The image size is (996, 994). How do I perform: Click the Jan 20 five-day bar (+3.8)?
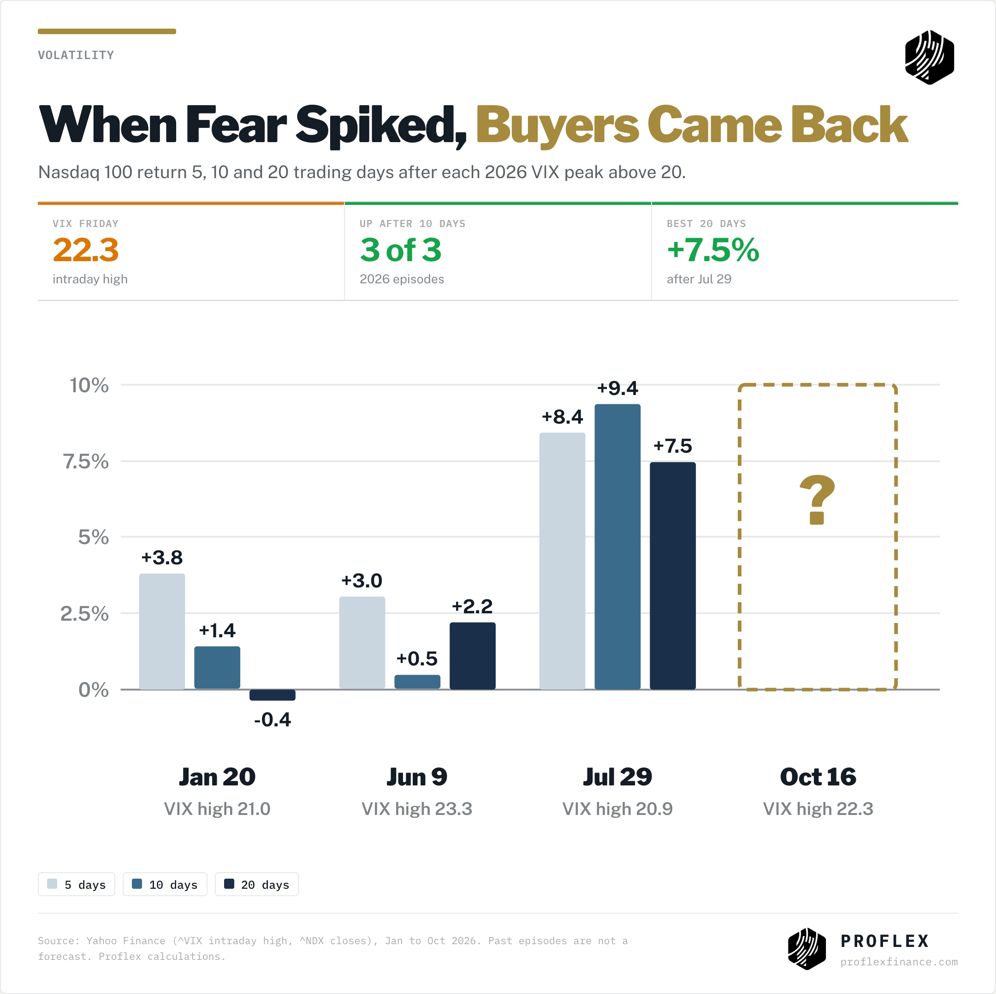coord(162,631)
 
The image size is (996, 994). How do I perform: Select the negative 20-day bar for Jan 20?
coord(272,695)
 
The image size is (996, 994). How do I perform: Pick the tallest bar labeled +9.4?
coord(617,547)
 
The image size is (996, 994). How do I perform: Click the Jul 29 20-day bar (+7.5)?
coord(673,575)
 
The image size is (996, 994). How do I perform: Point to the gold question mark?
coord(817,499)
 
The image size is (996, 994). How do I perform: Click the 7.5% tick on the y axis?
coord(86,461)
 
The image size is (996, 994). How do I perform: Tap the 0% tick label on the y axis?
coord(93,689)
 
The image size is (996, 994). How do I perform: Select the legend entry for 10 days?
coord(165,884)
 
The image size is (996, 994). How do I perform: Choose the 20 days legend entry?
coord(257,884)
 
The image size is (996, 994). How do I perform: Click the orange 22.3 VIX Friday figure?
coord(86,250)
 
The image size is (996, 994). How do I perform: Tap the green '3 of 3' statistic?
coord(401,250)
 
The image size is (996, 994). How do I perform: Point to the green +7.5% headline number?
coord(713,250)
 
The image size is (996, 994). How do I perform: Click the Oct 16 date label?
coord(818,777)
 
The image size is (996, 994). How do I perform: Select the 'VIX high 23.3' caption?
coord(416,809)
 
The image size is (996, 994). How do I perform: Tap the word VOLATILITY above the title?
coord(76,55)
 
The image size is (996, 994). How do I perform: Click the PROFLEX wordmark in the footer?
coord(885,941)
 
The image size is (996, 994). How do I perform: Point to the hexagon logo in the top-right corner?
coord(930,57)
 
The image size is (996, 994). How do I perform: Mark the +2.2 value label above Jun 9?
coord(472,606)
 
